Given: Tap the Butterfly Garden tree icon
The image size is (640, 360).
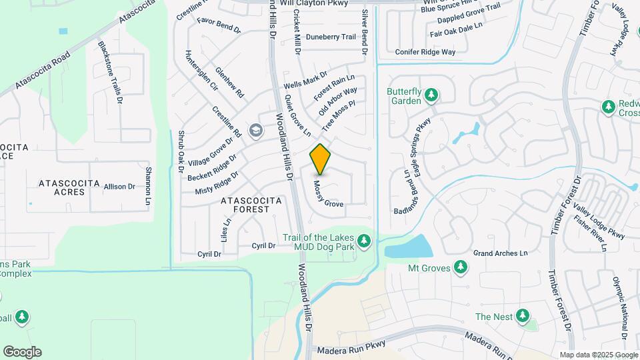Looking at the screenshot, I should tap(431, 95).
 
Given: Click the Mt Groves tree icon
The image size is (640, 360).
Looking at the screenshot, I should tap(460, 267).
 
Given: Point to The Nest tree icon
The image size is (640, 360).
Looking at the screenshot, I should tap(522, 315).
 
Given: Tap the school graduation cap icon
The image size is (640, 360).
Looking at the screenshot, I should tap(254, 130).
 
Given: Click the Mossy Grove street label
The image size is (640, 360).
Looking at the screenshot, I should tap(328, 194).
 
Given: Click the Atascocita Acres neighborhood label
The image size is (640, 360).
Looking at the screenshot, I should tap(69, 187).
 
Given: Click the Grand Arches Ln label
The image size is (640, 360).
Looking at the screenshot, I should tap(500, 253).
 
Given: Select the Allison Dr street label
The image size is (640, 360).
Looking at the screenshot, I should tap(119, 187).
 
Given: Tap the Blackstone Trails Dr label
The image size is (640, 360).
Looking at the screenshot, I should tap(111, 73).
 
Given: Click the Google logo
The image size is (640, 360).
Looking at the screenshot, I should tap(22, 351).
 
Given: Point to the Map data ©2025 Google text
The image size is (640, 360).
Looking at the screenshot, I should tap(598, 355).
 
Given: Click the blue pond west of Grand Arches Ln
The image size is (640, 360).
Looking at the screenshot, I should tap(408, 247).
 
